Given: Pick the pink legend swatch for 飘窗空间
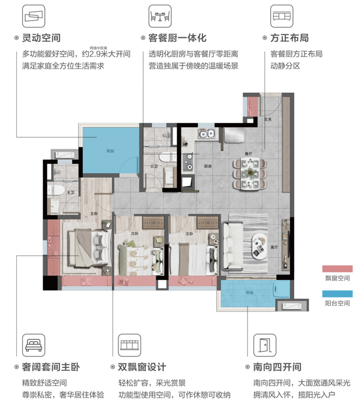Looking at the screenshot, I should pyautogui.click(x=337, y=269).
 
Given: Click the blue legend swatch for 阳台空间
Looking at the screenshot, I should pyautogui.click(x=337, y=294).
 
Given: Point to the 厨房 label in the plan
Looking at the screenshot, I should pyautogui.click(x=207, y=166).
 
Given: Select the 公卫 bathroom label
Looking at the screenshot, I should pyautogui.click(x=154, y=166).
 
